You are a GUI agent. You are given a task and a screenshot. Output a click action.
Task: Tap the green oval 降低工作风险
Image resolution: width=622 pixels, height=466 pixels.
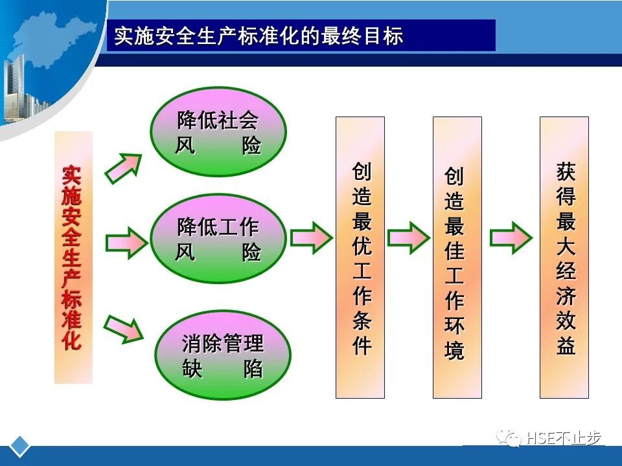click(x=218, y=239)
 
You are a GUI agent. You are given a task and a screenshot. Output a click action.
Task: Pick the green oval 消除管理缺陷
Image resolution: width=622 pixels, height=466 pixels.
click(x=222, y=355)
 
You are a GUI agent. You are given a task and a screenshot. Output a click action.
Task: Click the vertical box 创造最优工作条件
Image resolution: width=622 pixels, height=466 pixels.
click(x=360, y=258)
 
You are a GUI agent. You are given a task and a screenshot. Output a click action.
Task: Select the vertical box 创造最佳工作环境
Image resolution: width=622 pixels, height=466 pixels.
click(x=457, y=258)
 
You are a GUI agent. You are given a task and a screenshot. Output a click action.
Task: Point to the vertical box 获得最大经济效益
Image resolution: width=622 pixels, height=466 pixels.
click(x=564, y=258)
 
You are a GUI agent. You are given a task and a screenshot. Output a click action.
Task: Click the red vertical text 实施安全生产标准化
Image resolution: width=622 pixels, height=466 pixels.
click(x=73, y=258)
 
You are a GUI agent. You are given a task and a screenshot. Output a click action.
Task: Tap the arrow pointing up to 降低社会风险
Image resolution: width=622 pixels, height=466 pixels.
click(x=123, y=168)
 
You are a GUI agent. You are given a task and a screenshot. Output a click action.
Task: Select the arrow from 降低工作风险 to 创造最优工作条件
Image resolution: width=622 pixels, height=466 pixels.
click(x=311, y=238)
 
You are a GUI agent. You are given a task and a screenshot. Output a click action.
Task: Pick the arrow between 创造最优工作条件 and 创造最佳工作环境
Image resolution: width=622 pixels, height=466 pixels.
click(x=408, y=238)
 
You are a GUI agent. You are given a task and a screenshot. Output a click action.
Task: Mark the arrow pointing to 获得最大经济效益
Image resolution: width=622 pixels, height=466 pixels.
click(x=511, y=238)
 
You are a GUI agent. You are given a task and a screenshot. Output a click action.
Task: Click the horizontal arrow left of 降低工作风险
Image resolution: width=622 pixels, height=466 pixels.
click(x=126, y=243)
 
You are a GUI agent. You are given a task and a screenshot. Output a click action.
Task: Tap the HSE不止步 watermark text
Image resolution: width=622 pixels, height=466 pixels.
click(x=564, y=438)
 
